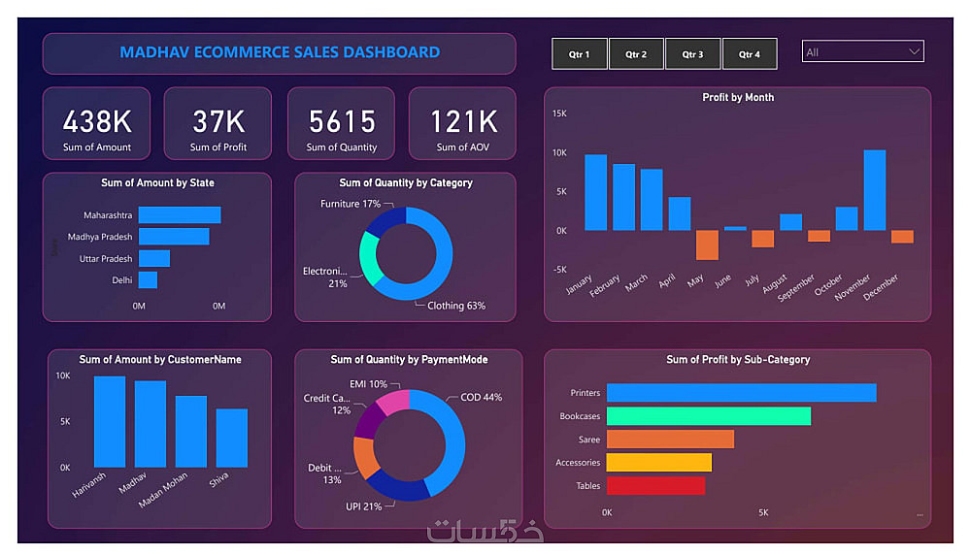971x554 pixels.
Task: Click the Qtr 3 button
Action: (692, 54)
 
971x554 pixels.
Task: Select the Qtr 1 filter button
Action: (579, 54)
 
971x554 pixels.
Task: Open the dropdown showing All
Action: (862, 51)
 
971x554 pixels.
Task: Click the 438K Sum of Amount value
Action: (97, 121)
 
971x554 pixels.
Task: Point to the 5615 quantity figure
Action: (342, 121)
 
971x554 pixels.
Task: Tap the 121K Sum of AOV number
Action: (464, 121)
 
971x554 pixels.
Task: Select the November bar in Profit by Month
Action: (874, 190)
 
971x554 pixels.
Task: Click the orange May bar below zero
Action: (707, 244)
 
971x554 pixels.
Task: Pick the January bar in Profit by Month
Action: (595, 192)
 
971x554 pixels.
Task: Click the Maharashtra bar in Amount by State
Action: (180, 215)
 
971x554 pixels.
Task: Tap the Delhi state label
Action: (121, 280)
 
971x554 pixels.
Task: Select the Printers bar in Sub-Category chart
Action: (741, 393)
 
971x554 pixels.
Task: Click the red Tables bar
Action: (655, 485)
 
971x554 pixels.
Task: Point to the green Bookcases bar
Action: (708, 416)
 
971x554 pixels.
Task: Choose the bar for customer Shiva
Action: (231, 439)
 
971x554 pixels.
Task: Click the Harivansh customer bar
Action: (110, 422)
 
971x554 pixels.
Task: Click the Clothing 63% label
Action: (456, 306)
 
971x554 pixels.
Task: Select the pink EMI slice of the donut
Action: (392, 401)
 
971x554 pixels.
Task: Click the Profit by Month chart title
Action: (738, 98)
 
